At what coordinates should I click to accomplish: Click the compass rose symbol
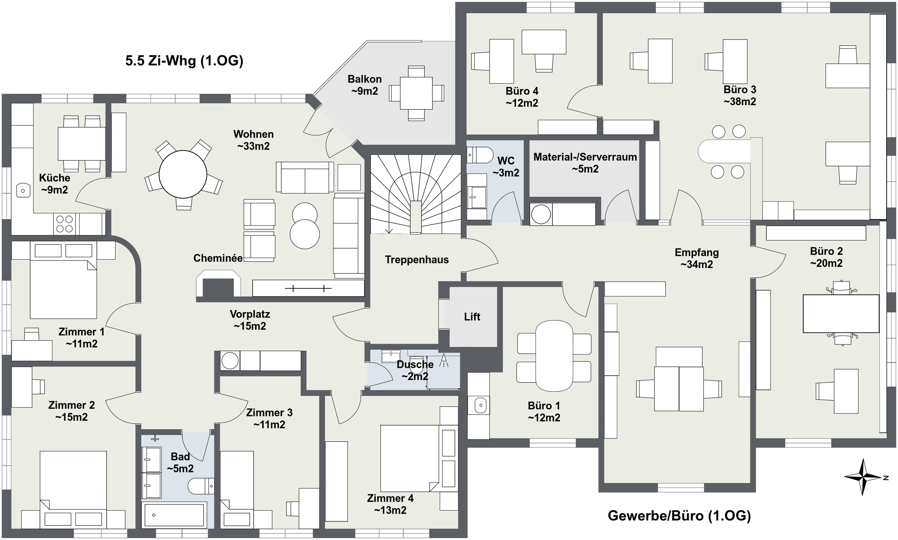pos(863,477)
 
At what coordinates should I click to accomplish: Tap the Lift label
pos(472,317)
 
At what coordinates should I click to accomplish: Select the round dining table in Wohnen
pos(183,174)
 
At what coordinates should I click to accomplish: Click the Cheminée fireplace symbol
pos(218,283)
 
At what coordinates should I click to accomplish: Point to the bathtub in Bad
pos(174,514)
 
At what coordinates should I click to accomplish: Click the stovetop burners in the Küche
pos(65,224)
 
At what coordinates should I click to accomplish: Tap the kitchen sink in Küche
pos(23,190)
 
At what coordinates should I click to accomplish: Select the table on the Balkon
pos(416,93)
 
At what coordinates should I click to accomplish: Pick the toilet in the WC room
pos(480,155)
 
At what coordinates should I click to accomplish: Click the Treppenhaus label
pos(417,260)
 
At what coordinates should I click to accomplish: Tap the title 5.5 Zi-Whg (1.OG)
pos(184,61)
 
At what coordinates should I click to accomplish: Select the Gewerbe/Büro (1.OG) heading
pos(679,516)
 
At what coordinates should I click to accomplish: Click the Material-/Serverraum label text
pos(585,157)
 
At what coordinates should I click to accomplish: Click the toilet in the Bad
pos(201,486)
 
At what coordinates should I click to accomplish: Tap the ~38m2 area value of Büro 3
pos(740,102)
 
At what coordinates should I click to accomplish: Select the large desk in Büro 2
pos(841,314)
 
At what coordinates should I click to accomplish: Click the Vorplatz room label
pos(250,314)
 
